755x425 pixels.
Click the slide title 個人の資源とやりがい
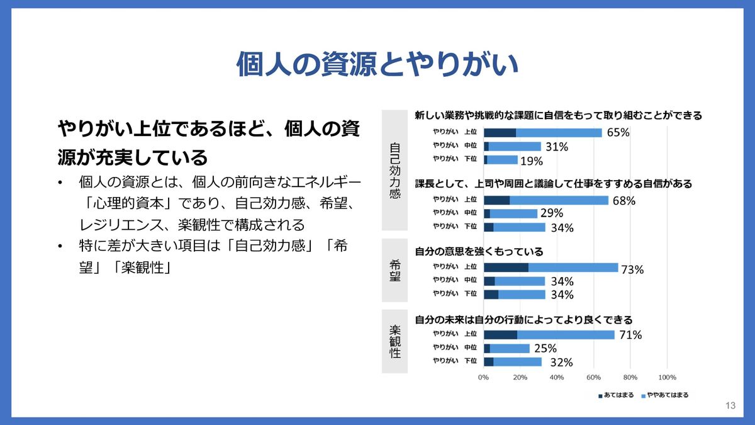click(x=377, y=65)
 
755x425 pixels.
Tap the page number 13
click(x=730, y=405)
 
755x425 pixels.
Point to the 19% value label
click(x=531, y=161)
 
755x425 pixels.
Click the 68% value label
click(x=624, y=201)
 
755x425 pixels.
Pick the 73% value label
click(x=632, y=269)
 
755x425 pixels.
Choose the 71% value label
click(x=629, y=335)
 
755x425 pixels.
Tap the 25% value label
click(x=545, y=348)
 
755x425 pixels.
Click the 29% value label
click(x=551, y=214)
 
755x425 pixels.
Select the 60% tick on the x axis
click(x=593, y=377)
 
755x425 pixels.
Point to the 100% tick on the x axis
click(x=666, y=377)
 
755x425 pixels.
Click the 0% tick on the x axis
click(x=483, y=377)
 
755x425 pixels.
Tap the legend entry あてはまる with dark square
click(x=616, y=395)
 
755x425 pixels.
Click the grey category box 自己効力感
click(x=394, y=171)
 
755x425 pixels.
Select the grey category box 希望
click(x=394, y=269)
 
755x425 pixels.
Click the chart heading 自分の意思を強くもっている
click(x=479, y=252)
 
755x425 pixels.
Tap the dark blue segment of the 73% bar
click(x=506, y=268)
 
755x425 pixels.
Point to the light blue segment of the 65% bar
click(x=559, y=132)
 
